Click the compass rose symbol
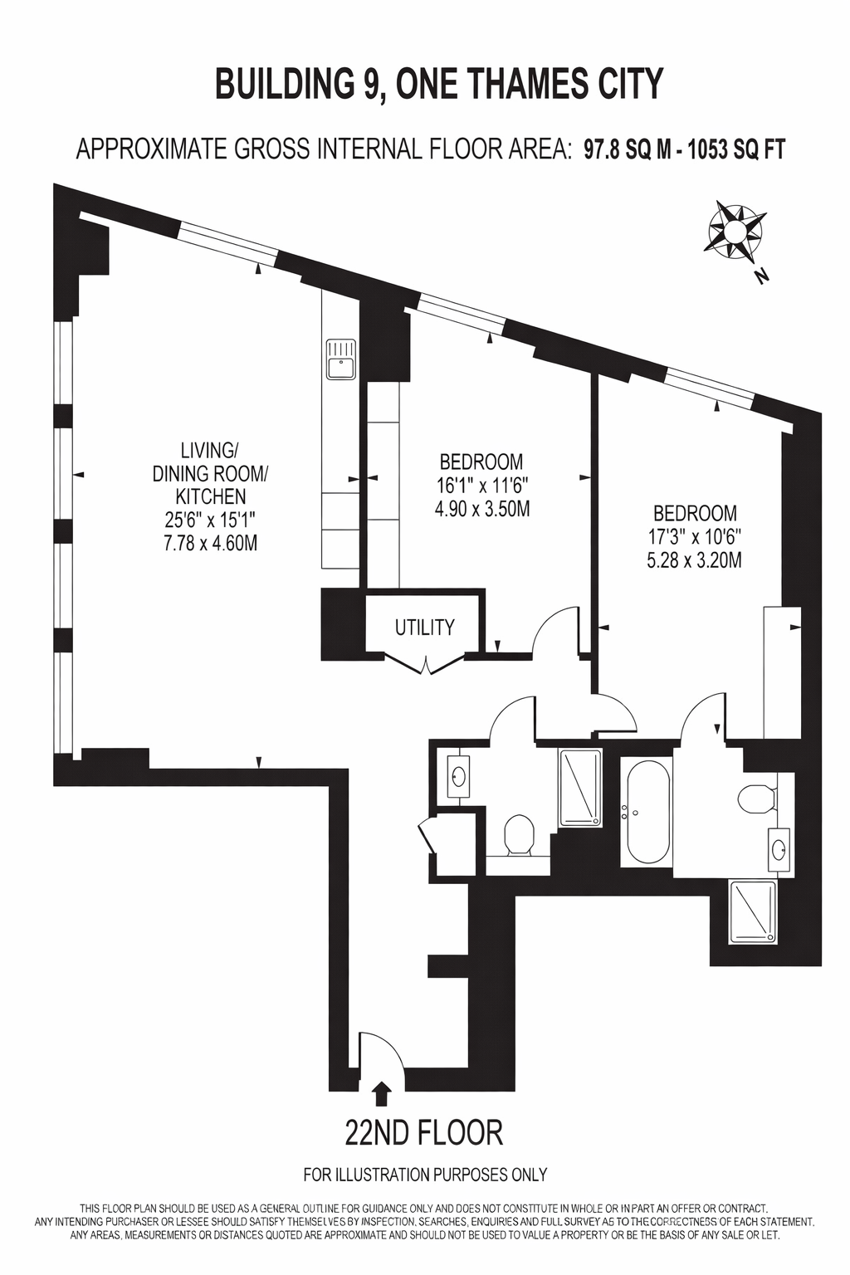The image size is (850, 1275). [x=734, y=232]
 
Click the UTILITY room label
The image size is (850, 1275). [x=425, y=628]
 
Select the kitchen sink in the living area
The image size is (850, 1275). [x=340, y=359]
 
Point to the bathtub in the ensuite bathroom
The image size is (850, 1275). [x=646, y=808]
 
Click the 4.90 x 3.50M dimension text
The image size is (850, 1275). [x=482, y=509]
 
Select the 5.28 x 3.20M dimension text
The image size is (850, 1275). [x=694, y=561]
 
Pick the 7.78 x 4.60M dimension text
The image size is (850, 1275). [x=210, y=544]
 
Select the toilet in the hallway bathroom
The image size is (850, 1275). [x=518, y=834]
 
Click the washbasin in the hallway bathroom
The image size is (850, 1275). [x=458, y=776]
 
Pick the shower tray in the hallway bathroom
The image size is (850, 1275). [x=580, y=788]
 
